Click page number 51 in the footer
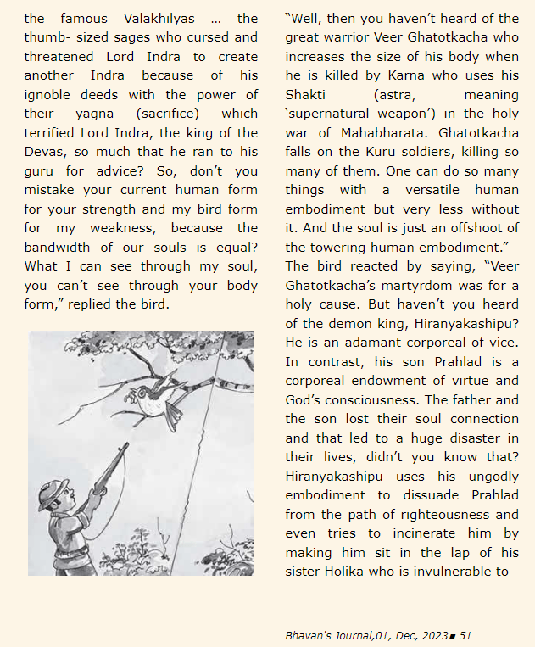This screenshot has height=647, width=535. point(465,634)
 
